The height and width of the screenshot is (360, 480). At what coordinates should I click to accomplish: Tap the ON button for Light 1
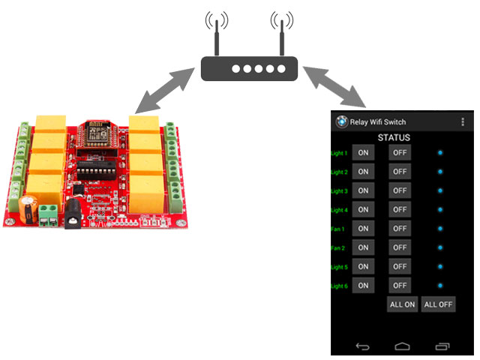[363, 153]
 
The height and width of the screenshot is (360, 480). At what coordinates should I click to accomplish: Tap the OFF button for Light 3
[400, 190]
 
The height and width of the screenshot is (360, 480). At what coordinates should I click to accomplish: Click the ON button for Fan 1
[363, 229]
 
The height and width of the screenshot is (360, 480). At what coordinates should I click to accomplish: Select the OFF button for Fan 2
[400, 247]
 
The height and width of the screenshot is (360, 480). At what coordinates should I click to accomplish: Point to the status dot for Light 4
[440, 209]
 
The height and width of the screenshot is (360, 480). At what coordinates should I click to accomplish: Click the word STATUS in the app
[394, 137]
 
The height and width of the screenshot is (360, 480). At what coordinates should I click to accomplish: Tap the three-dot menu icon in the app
[463, 121]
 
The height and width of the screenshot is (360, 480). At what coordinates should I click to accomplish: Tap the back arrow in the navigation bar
[363, 346]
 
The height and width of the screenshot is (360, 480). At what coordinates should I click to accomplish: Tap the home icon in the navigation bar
[403, 346]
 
